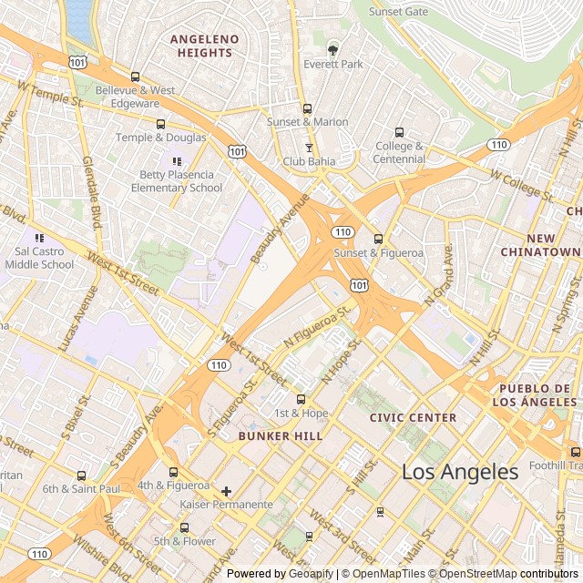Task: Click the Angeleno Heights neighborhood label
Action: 205,46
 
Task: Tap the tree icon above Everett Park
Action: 333,48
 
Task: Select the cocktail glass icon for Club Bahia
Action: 309,148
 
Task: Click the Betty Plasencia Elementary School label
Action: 177,181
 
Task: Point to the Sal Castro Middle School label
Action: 39,258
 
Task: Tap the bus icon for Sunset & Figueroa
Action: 378,239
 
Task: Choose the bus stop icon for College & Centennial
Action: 399,132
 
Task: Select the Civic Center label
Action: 413,417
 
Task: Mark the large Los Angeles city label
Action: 460,472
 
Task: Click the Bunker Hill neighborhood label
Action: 281,436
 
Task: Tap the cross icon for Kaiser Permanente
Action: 226,491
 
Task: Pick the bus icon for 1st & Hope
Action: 301,399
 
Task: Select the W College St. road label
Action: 521,185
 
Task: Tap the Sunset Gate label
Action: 397,12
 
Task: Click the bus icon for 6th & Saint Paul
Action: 81,476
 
